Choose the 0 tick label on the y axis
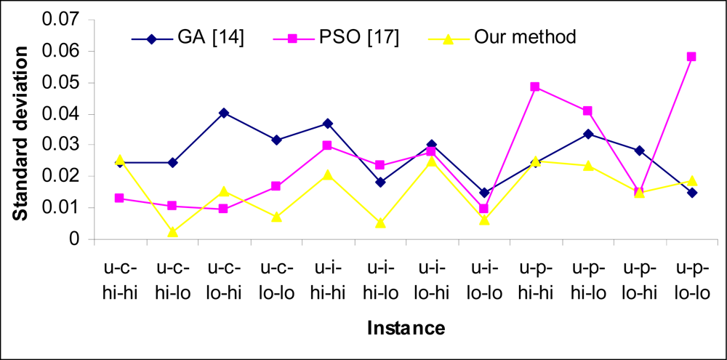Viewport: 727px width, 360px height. (x=75, y=239)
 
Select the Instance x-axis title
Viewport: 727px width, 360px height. (x=405, y=328)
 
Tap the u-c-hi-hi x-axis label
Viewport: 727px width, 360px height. (x=119, y=279)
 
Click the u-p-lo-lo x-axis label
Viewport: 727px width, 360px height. (x=691, y=279)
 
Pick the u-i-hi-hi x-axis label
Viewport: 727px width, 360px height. (x=326, y=279)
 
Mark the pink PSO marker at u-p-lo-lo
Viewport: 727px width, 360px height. (x=691, y=57)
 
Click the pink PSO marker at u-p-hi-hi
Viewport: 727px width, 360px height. (x=534, y=87)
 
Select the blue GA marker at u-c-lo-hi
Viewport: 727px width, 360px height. (x=223, y=113)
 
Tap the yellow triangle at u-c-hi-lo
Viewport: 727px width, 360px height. (x=171, y=232)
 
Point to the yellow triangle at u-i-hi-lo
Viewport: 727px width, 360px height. (x=379, y=223)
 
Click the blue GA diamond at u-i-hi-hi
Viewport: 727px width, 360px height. (x=327, y=124)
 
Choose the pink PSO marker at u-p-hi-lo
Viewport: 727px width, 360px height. (x=587, y=111)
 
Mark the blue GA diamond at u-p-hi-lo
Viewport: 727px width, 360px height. (x=587, y=134)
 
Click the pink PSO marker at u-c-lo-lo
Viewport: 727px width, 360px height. (x=275, y=186)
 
